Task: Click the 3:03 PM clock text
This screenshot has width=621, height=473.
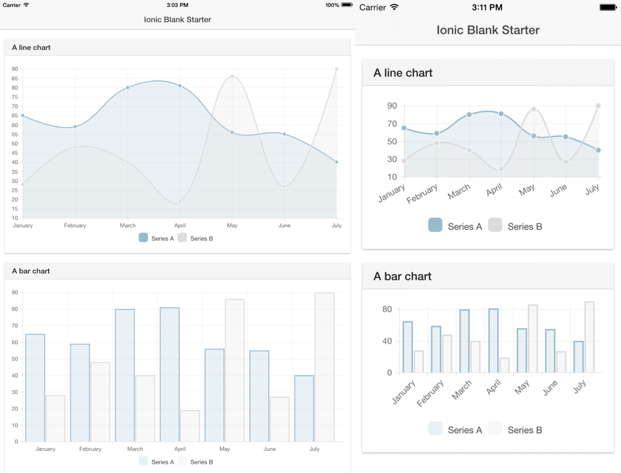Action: click(x=177, y=5)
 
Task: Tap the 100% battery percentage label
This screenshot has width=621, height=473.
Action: click(x=332, y=5)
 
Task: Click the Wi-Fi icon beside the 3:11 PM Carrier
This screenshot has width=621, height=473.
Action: click(x=394, y=7)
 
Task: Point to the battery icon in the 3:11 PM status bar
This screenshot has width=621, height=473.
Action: click(x=608, y=7)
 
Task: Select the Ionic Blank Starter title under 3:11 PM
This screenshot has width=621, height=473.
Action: click(x=488, y=30)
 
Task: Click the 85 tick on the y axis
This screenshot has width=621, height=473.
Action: click(x=15, y=78)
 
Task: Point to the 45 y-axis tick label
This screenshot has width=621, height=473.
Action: click(x=15, y=153)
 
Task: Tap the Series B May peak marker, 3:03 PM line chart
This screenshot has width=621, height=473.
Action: click(x=232, y=76)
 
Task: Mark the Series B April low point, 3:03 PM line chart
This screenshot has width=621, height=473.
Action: click(x=180, y=202)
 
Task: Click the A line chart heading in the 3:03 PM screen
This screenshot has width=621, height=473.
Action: click(x=31, y=47)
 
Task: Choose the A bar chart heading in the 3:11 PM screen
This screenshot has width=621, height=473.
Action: click(x=403, y=277)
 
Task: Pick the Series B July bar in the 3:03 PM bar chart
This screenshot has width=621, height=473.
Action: click(x=325, y=367)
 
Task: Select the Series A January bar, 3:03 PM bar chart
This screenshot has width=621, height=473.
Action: click(x=35, y=388)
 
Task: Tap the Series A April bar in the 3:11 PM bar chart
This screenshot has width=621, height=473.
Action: click(x=493, y=340)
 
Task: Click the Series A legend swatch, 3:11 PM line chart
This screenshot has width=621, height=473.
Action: click(x=435, y=225)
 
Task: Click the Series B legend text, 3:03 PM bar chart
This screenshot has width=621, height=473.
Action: click(x=202, y=462)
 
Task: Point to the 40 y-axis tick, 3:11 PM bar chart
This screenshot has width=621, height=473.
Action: click(x=387, y=341)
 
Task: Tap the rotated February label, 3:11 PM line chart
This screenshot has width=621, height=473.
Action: click(x=422, y=193)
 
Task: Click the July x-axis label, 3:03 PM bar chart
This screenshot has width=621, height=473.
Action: click(x=314, y=449)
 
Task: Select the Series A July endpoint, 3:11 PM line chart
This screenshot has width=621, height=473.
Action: click(x=598, y=150)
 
